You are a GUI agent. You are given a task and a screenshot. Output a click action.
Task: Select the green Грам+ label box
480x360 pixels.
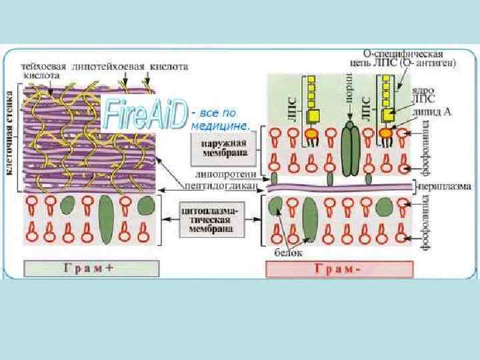(91, 269)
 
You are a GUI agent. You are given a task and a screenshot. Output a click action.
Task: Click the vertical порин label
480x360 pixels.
(349, 99)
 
